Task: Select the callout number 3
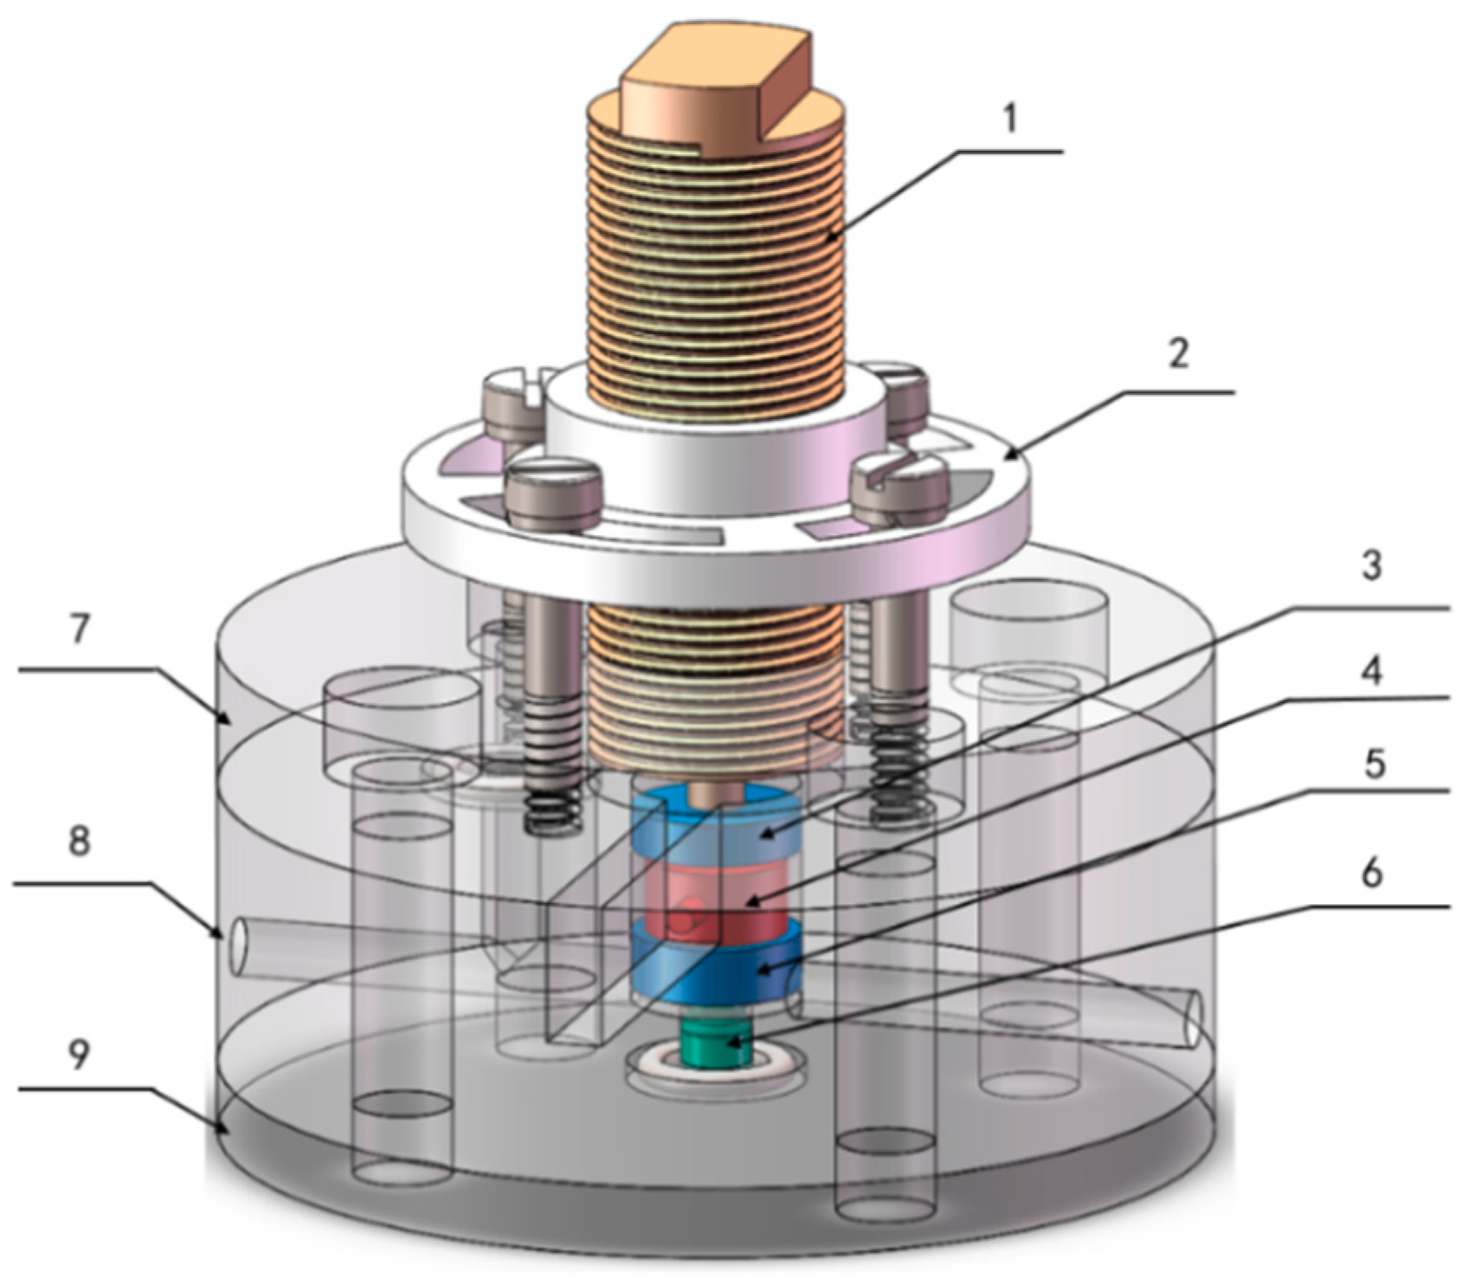(1370, 567)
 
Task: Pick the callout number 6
(1370, 875)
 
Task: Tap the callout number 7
(80, 630)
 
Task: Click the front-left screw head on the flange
(554, 493)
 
